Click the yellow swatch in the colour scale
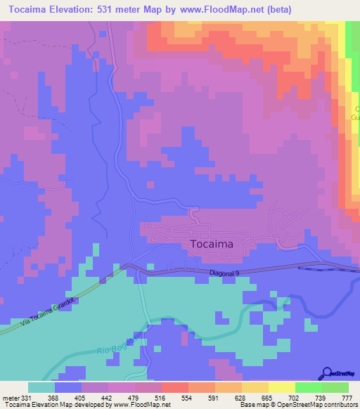pos(281,387)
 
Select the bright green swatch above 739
pos(308,387)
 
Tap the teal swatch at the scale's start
pos(41,387)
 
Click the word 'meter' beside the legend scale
pos(9,398)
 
